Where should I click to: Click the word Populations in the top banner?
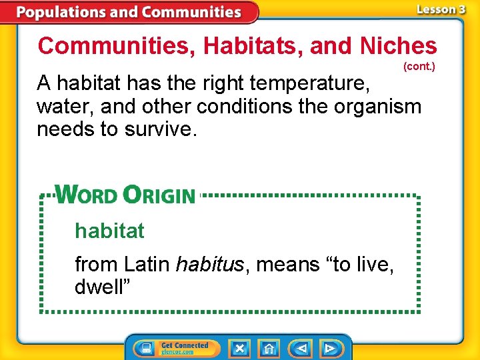point(59,12)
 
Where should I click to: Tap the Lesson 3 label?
point(441,9)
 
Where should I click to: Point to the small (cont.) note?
point(419,67)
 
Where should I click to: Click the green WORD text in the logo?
point(86,195)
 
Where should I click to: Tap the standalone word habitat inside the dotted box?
point(109,231)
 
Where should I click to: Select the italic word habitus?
point(210,265)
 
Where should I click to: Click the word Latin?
point(146,265)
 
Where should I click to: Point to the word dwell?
point(102,287)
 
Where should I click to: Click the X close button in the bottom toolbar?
point(239,348)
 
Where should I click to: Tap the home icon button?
point(269,348)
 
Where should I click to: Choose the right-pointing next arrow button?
point(330,348)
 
